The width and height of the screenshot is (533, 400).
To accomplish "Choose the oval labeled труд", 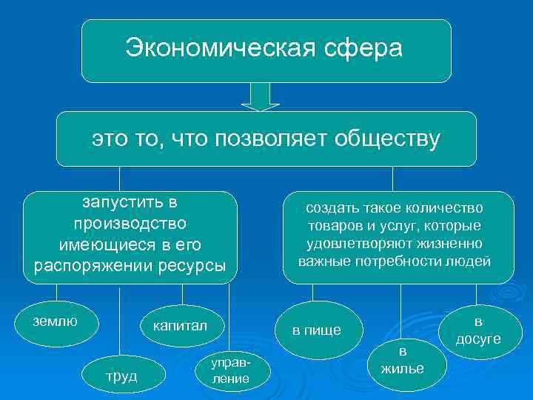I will (x=121, y=376).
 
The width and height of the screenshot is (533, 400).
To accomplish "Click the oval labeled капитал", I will (x=180, y=326).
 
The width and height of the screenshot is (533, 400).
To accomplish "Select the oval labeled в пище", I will (x=317, y=330).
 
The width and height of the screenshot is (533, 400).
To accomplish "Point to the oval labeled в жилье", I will (x=403, y=360).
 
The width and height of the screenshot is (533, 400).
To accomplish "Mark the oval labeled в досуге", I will (x=477, y=330).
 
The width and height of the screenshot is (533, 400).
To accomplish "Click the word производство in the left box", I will (x=131, y=223).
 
